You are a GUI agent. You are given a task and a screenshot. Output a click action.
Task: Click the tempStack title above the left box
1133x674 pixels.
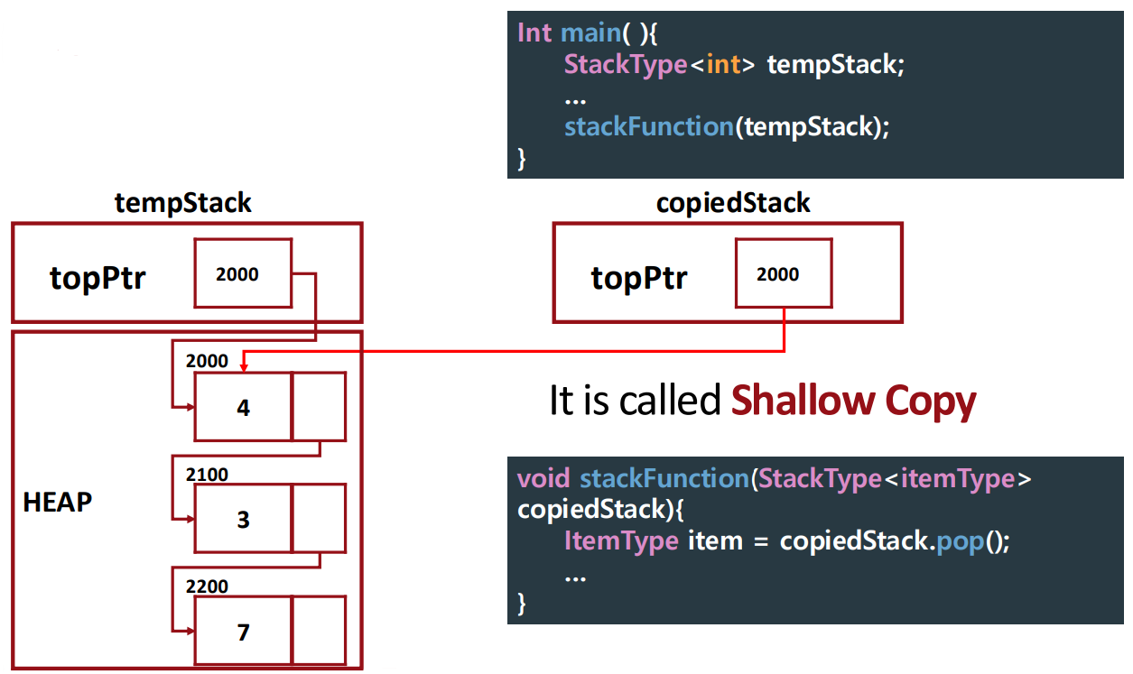coord(183,203)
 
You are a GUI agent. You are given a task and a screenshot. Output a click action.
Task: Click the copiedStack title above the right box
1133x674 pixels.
coord(733,203)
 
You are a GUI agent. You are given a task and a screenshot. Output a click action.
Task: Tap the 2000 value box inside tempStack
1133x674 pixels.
coord(242,273)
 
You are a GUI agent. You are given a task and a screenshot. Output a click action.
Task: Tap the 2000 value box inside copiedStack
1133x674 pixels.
coord(783,273)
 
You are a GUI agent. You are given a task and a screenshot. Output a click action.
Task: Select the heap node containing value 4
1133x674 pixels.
coord(243,407)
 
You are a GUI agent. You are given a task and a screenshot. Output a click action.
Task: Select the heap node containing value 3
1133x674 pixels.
coord(243,519)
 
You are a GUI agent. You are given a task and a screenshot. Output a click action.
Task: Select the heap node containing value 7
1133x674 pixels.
coord(243,632)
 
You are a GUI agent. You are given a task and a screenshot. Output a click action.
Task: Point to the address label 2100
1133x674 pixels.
coord(207,475)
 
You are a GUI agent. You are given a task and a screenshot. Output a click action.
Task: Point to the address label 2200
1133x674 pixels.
coord(207,586)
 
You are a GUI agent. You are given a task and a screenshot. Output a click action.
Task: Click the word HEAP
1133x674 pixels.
coord(58,503)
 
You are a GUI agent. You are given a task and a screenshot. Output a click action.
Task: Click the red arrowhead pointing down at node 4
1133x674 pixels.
coord(245,365)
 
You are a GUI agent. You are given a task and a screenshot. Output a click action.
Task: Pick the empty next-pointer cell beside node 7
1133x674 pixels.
coord(319,631)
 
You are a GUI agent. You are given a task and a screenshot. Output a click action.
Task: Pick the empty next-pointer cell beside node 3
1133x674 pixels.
coord(319,519)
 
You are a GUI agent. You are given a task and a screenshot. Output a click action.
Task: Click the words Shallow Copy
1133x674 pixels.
coord(853,401)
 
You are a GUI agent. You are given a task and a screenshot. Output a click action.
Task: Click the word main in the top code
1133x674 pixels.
coord(589,32)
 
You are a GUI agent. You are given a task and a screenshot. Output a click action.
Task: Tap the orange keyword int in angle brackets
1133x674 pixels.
coord(724,65)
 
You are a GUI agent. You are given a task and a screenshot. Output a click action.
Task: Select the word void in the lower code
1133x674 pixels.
coord(543,478)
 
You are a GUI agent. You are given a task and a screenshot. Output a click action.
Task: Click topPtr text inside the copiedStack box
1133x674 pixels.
coord(639,278)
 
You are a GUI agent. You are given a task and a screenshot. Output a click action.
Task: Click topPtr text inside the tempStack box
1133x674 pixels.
coord(98,278)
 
